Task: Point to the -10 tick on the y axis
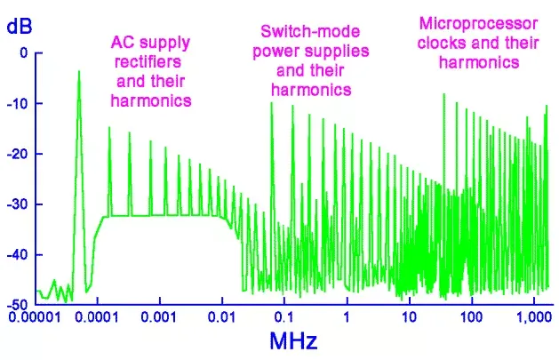coord(20,104)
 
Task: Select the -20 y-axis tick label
coord(20,154)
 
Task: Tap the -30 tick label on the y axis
coord(20,204)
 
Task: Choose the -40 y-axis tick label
coord(20,254)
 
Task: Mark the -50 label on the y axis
coord(20,305)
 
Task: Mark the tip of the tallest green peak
coord(79,72)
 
